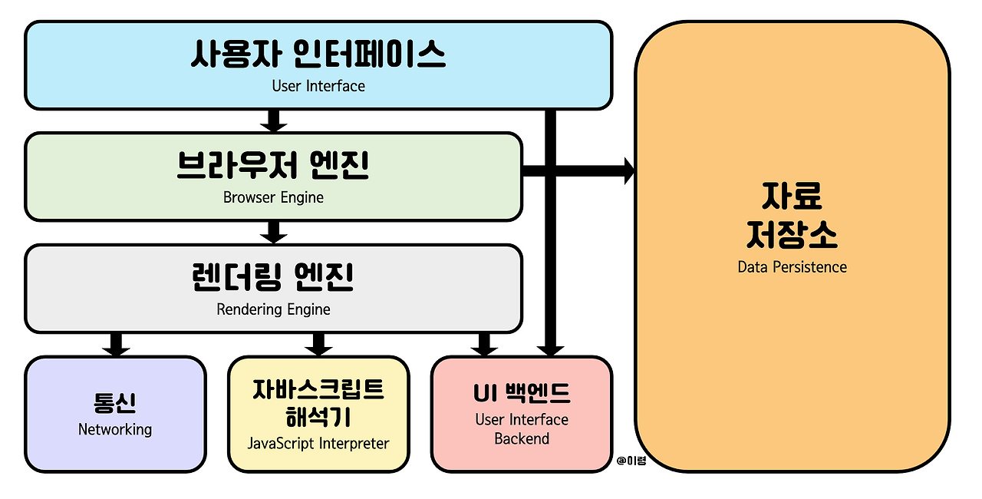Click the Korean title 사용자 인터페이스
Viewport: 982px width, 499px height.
[318, 55]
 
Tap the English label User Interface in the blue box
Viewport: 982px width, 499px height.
[318, 86]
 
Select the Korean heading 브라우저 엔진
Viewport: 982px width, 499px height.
[273, 166]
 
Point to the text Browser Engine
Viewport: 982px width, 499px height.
[273, 197]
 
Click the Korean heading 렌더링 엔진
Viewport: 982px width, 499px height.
[273, 278]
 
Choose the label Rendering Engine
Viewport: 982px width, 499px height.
[273, 309]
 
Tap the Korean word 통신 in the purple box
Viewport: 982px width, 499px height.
[115, 403]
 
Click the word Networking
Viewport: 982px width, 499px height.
[115, 429]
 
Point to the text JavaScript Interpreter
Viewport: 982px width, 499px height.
[318, 443]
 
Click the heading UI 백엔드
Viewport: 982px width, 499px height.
[522, 394]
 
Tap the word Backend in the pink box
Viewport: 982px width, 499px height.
[522, 439]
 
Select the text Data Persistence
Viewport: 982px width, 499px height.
[792, 267]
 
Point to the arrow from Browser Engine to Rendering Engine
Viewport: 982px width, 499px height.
[273, 232]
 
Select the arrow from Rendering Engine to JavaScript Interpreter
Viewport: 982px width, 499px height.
[318, 344]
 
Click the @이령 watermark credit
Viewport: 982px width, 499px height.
[631, 461]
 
